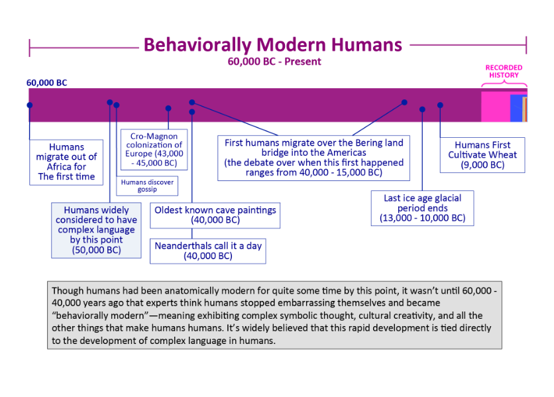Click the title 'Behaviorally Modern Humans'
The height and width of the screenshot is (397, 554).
[272, 44]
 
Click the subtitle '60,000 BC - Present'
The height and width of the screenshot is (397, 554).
[274, 62]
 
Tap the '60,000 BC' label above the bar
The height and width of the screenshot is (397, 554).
[46, 83]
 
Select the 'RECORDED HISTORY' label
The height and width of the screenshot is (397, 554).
[504, 71]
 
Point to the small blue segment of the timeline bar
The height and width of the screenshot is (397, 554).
[516, 108]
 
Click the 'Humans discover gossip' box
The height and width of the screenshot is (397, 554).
[147, 186]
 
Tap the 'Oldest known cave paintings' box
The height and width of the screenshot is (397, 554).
[215, 215]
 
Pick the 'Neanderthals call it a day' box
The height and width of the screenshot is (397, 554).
[208, 251]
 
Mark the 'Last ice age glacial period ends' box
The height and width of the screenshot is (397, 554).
[422, 207]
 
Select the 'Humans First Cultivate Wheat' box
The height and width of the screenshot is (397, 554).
[482, 155]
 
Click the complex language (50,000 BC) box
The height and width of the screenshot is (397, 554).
[96, 231]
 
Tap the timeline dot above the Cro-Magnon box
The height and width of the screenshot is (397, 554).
[168, 108]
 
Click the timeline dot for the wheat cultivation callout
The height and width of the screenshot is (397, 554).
[440, 105]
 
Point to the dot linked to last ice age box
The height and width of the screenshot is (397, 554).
[422, 109]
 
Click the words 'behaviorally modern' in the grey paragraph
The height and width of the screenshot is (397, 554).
[83, 315]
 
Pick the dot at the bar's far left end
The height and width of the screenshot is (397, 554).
[29, 105]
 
